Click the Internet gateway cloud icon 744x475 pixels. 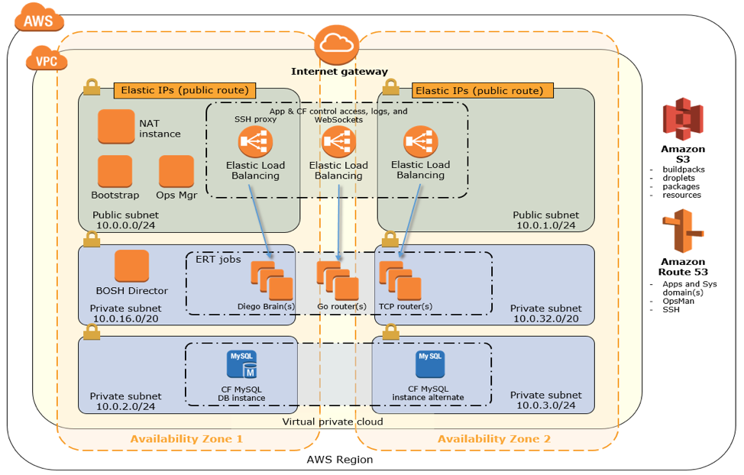(338, 46)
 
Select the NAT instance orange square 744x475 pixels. (116, 127)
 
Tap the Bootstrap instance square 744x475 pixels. (115, 171)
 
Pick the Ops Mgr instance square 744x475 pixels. (176, 171)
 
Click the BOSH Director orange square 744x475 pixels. (131, 266)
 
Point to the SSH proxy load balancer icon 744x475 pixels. (254, 141)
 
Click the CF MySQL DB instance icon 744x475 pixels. (241, 365)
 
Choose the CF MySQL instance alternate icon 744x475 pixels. (429, 364)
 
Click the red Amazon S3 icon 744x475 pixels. (682, 120)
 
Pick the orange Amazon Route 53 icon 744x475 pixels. (683, 231)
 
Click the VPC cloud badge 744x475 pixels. (46, 59)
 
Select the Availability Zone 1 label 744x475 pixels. (186, 439)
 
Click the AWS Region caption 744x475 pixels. (339, 460)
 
